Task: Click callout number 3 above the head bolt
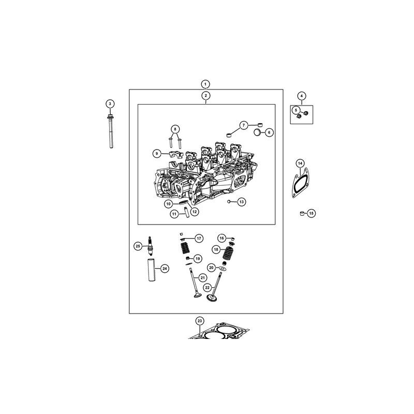(110, 104)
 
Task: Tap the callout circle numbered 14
(300, 164)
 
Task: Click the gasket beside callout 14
(301, 183)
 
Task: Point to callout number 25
(138, 246)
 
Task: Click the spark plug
(150, 246)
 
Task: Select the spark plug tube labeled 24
(152, 270)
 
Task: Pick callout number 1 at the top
(205, 84)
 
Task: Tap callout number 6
(269, 132)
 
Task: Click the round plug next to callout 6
(257, 132)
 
